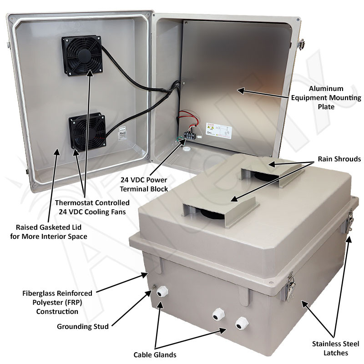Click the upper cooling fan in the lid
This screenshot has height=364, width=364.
click(x=82, y=56)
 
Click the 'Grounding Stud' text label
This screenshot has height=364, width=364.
click(x=83, y=327)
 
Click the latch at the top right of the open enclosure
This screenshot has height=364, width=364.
click(x=301, y=45)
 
